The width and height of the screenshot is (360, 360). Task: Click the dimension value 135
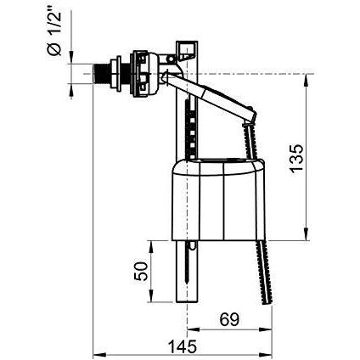click(296, 158)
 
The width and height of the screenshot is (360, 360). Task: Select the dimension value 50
click(141, 272)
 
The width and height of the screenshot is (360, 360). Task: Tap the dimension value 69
click(229, 319)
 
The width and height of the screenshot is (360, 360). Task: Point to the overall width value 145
click(183, 346)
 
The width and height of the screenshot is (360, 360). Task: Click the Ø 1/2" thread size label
click(54, 33)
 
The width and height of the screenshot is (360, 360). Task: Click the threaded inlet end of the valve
click(100, 74)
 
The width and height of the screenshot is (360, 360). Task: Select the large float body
click(218, 200)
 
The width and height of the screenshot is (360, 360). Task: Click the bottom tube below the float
click(187, 271)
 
